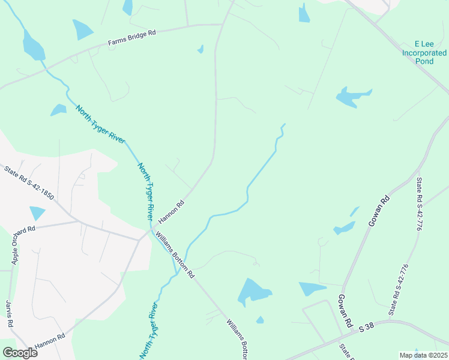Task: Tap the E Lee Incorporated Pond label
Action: click(424, 53)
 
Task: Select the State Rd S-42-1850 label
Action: click(29, 182)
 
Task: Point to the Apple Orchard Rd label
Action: click(23, 245)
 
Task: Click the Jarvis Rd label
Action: click(10, 313)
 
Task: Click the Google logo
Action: click(19, 352)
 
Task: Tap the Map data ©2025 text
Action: click(423, 355)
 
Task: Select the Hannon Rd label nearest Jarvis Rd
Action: click(50, 342)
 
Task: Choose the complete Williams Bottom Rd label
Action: click(175, 254)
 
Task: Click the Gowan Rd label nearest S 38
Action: click(344, 311)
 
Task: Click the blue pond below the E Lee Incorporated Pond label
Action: click(353, 97)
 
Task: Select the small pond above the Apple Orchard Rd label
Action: click(37, 212)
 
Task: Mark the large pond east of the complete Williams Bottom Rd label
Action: click(254, 292)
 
